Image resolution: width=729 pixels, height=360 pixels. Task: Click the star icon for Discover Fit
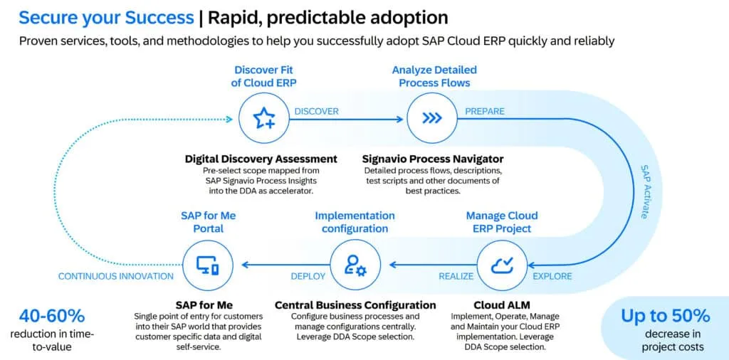pyautogui.click(x=264, y=119)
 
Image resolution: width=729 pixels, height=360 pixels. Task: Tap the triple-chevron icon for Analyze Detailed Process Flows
pyautogui.click(x=432, y=119)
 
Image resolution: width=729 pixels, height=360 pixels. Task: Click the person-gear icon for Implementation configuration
pyautogui.click(x=355, y=265)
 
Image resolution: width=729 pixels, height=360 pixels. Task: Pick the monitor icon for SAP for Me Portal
pyautogui.click(x=208, y=265)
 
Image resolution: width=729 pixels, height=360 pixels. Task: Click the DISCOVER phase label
pyautogui.click(x=316, y=111)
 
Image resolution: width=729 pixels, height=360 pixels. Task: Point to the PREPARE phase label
pyautogui.click(x=485, y=111)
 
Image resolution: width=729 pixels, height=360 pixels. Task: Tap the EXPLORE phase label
pyautogui.click(x=551, y=276)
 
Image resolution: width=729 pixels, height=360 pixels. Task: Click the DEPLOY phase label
pyautogui.click(x=308, y=276)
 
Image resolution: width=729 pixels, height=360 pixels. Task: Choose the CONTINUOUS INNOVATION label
pyautogui.click(x=115, y=276)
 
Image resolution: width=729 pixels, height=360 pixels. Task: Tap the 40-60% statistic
pyautogui.click(x=52, y=315)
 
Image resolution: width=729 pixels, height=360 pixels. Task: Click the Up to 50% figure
pyautogui.click(x=665, y=315)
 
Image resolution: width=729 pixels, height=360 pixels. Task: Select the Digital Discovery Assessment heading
pyautogui.click(x=261, y=159)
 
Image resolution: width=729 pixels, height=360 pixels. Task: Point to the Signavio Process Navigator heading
pyautogui.click(x=432, y=159)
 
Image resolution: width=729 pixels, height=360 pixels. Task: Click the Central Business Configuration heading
pyautogui.click(x=355, y=305)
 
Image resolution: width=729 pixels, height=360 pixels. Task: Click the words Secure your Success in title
pyautogui.click(x=106, y=17)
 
